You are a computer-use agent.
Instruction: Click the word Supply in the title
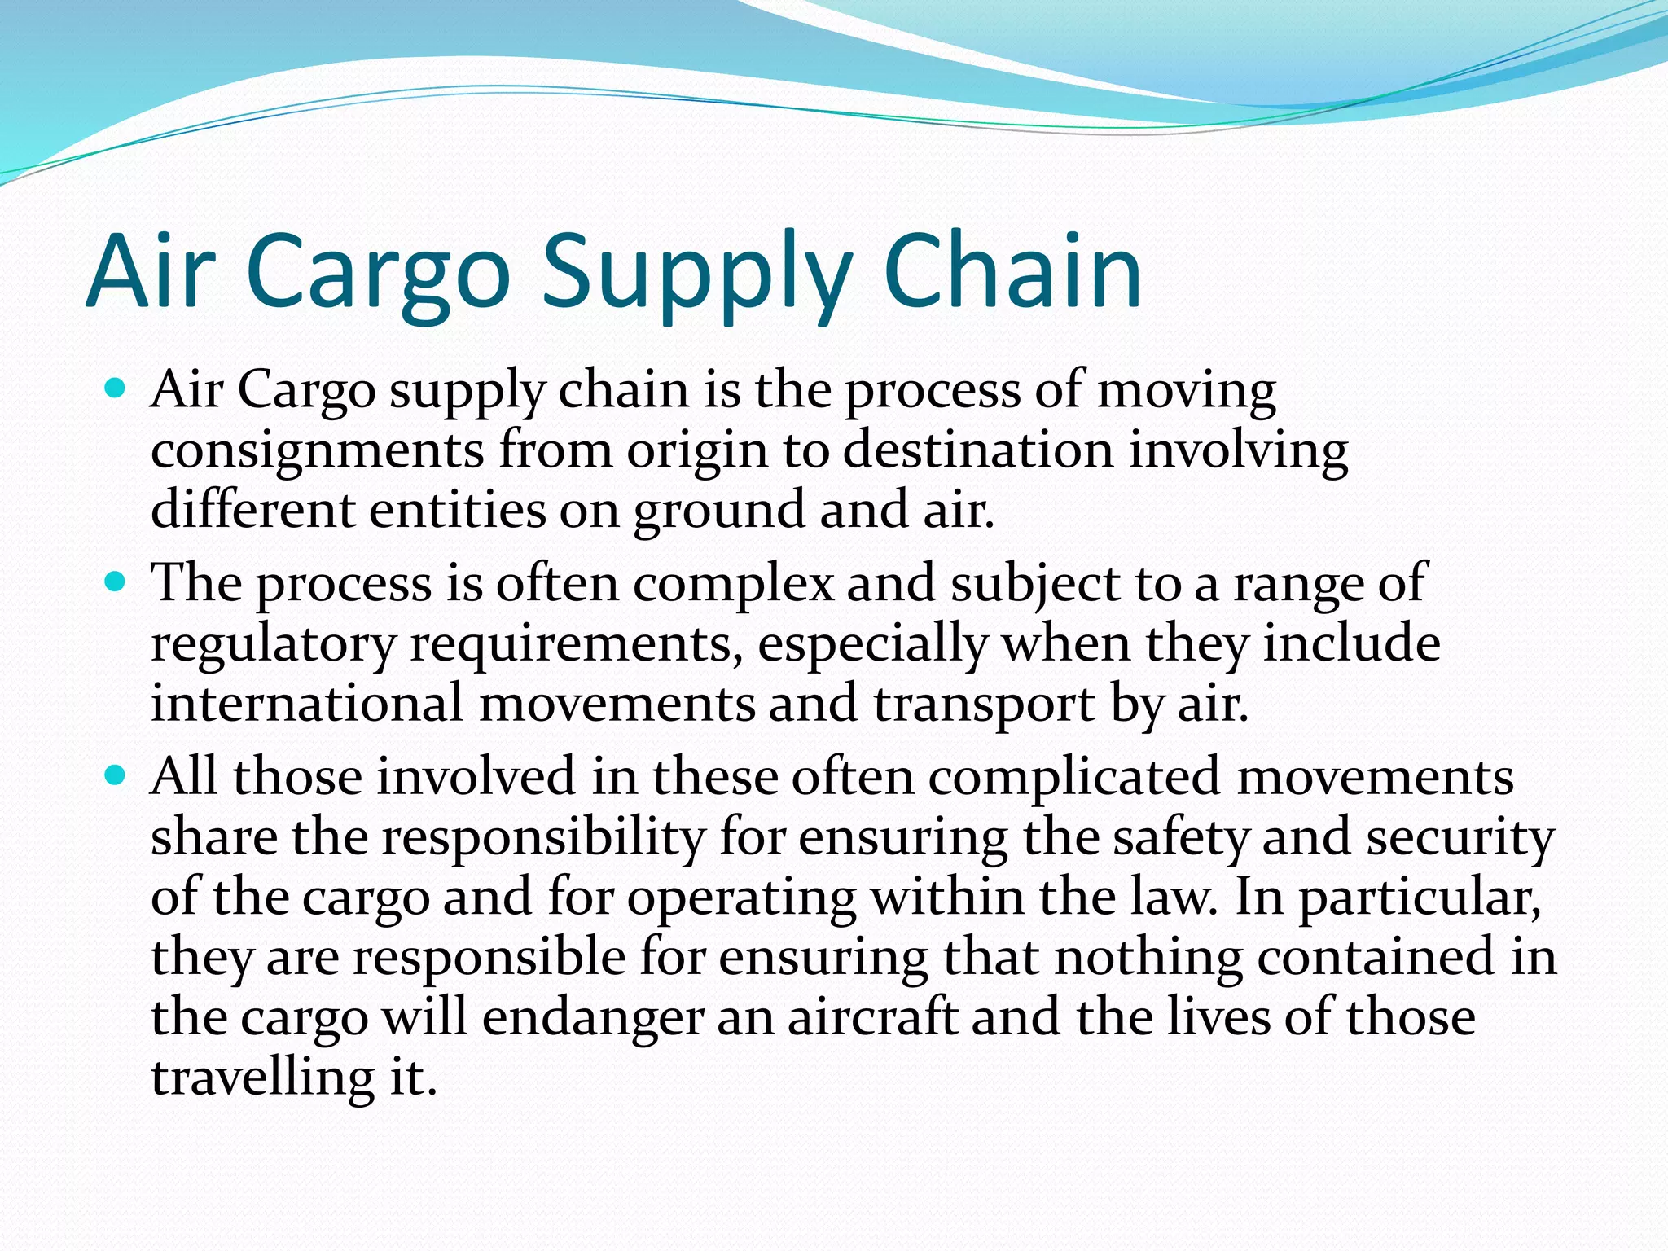(697, 273)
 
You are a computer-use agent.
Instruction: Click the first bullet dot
(116, 388)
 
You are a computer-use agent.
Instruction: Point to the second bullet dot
(116, 582)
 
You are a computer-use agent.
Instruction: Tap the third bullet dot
(116, 775)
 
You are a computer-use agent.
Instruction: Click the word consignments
(317, 452)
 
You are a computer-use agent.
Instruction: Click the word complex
(734, 585)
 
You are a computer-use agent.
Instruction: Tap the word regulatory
(273, 645)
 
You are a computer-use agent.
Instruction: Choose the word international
(307, 703)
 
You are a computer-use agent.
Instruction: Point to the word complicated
(1073, 778)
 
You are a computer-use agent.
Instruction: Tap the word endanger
(592, 1018)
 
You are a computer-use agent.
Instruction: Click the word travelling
(262, 1078)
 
